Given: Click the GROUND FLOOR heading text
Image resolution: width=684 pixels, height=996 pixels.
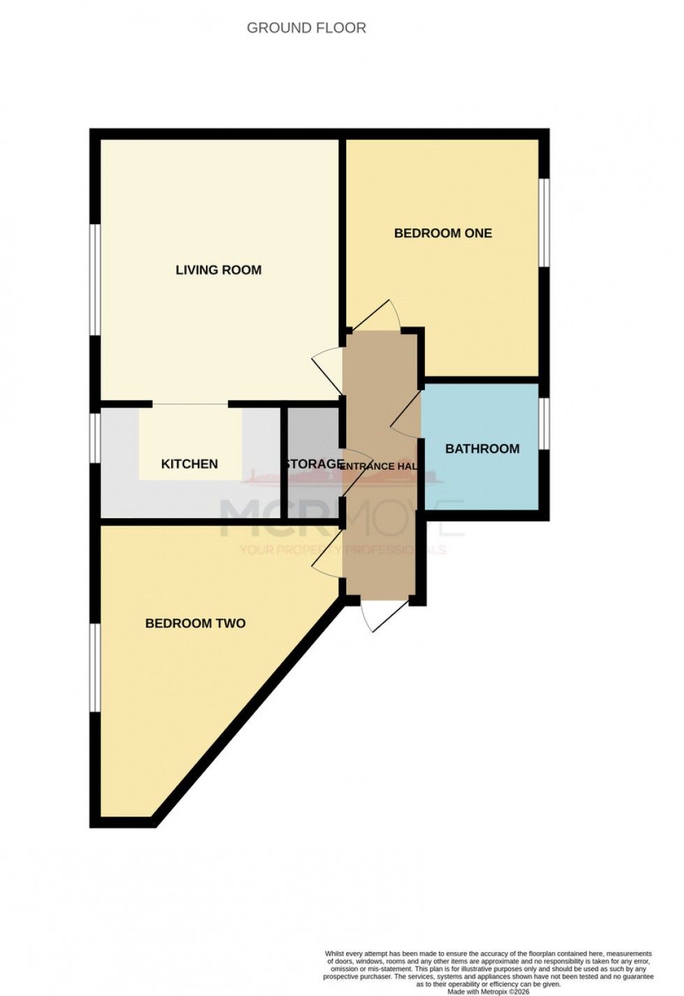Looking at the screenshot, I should [306, 28].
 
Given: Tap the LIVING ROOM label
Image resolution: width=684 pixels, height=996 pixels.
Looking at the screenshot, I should [218, 270].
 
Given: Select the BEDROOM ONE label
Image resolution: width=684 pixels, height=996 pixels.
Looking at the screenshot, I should [443, 233].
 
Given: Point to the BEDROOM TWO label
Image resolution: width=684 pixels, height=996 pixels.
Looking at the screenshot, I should [195, 623].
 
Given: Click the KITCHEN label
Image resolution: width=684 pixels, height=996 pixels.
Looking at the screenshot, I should [189, 464].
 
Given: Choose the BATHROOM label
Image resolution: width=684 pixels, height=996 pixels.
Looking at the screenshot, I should [482, 449].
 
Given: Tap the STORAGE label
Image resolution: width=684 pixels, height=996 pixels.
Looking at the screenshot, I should [313, 464].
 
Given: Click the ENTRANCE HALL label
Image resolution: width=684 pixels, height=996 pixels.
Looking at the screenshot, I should [379, 466].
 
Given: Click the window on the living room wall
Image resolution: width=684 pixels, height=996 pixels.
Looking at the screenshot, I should [96, 280].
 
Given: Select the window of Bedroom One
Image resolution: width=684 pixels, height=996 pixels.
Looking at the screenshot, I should [544, 222].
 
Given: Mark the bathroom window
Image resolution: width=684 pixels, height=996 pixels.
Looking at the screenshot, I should [544, 424].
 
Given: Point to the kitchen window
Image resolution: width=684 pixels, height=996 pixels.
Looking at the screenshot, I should [96, 438].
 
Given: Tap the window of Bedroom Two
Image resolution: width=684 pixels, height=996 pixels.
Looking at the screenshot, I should [96, 667].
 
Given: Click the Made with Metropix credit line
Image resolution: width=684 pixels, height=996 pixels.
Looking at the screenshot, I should [488, 991].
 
